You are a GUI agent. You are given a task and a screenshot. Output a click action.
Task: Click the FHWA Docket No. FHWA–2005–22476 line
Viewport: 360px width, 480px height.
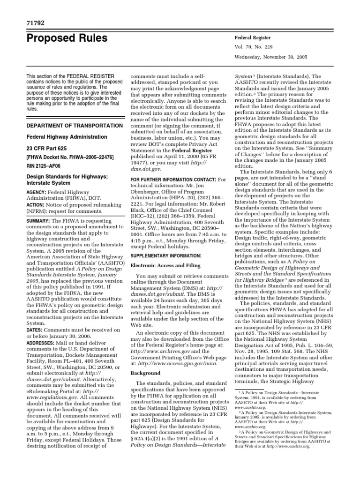70,159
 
